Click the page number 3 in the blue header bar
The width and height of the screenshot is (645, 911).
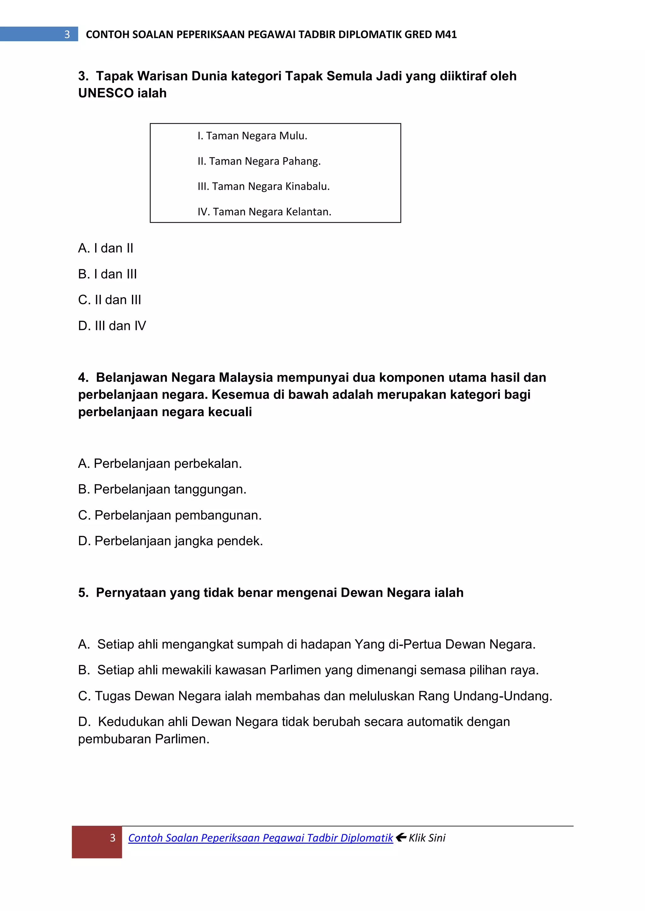coord(67,35)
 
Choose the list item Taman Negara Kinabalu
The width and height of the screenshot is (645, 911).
coord(264,187)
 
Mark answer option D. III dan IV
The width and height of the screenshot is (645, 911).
coord(112,326)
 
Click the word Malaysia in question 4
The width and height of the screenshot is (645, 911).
coord(246,377)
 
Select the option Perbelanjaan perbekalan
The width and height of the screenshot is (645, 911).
coord(160,463)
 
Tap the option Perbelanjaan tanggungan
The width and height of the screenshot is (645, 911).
coord(162,489)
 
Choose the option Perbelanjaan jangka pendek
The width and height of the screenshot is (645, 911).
coord(170,541)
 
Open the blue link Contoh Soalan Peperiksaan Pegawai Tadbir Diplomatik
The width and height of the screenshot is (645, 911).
coord(260,838)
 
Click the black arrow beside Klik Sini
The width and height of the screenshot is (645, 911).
coord(401,837)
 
